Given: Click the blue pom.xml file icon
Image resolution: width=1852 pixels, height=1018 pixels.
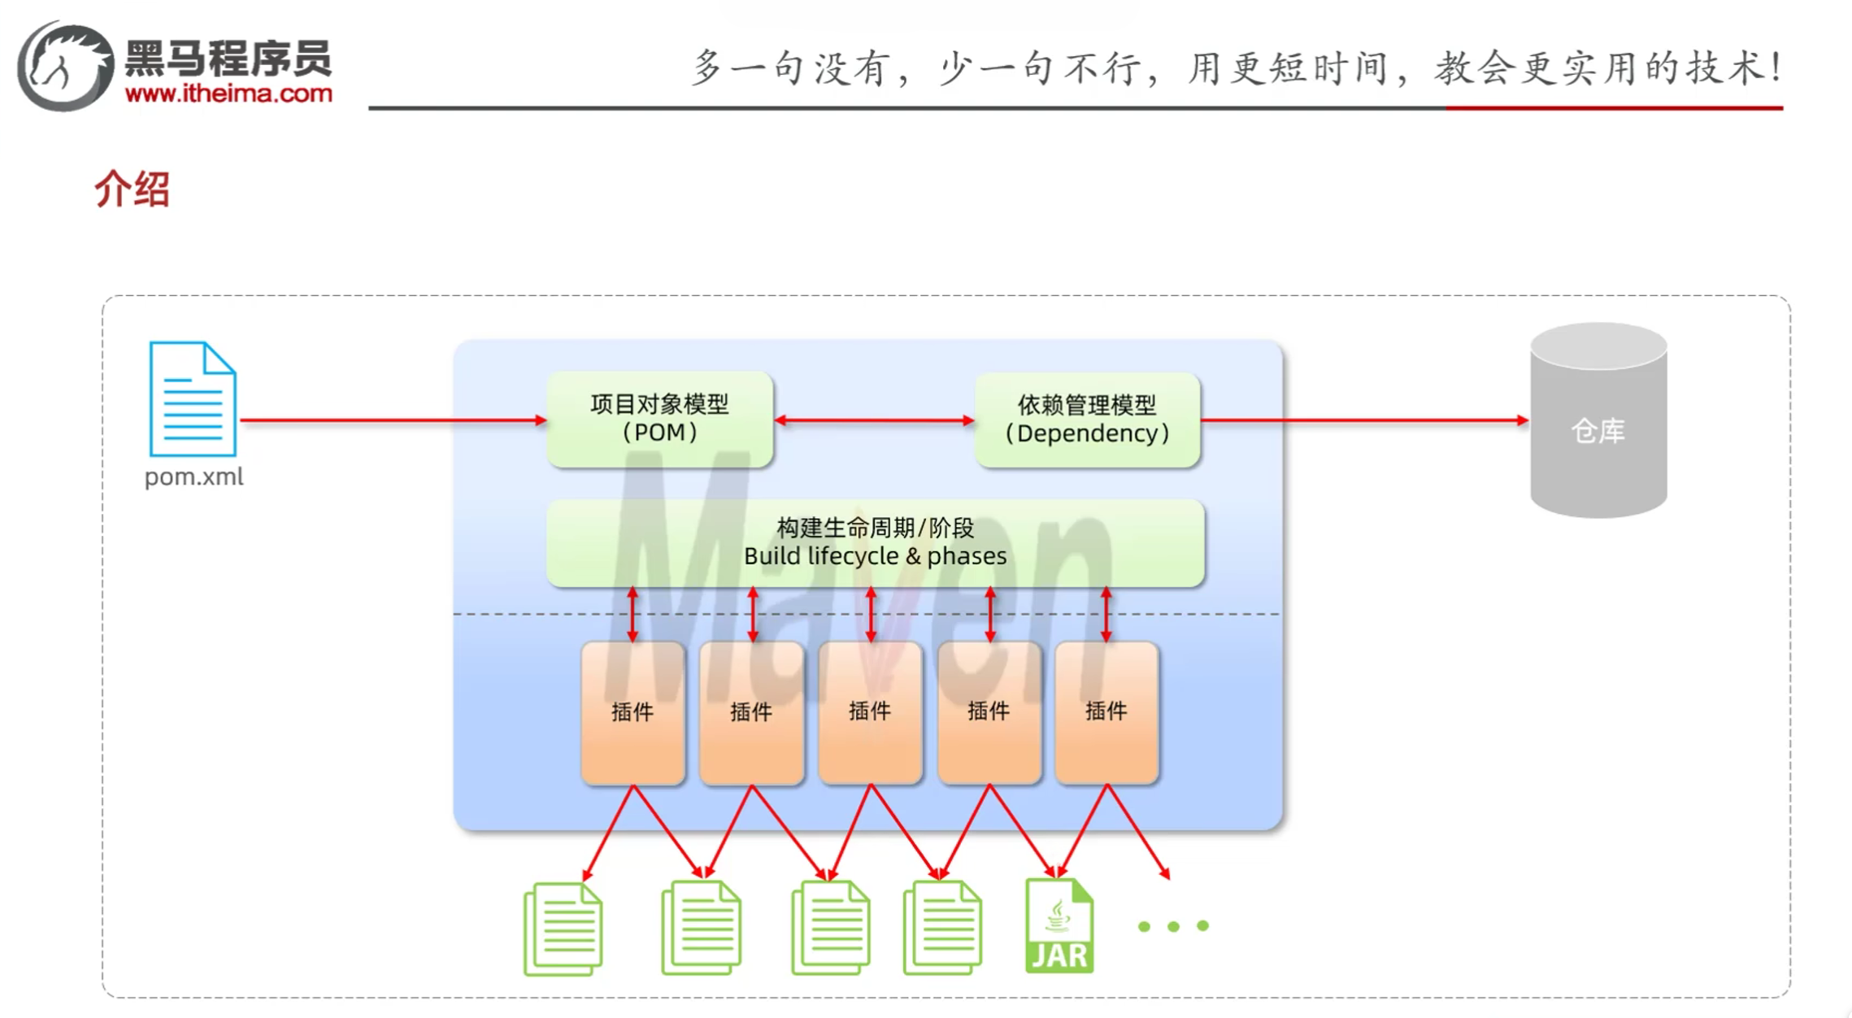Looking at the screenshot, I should click(193, 399).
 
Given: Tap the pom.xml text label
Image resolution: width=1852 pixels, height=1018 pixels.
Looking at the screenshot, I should click(193, 476).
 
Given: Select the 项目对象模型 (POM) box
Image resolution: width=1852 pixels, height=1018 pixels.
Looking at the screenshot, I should click(659, 419).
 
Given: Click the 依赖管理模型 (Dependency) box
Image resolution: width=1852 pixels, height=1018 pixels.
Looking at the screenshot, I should click(1087, 420).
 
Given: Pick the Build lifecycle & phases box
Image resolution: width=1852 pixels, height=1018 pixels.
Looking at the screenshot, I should click(875, 542).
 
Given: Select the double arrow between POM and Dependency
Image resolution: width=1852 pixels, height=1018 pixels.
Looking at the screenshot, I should click(874, 420).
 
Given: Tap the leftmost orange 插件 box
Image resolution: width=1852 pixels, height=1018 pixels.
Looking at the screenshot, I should click(633, 712).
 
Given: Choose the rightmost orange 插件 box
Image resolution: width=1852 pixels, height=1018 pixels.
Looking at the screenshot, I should click(1106, 712).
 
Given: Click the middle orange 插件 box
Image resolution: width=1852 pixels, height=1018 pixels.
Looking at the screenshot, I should click(870, 712).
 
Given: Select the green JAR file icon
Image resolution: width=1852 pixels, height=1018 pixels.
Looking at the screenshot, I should click(1059, 926).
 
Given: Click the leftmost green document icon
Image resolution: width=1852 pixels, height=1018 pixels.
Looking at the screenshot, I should click(563, 929).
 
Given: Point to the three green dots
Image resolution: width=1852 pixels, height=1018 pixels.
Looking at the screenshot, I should click(1173, 926).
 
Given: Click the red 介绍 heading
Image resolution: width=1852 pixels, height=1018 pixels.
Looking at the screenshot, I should click(132, 189).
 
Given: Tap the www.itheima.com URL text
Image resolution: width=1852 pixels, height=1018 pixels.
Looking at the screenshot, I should click(228, 94).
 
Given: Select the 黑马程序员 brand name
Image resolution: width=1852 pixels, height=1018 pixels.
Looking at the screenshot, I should click(228, 59).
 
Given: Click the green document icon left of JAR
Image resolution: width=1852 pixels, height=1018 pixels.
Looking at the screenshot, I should click(942, 928).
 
